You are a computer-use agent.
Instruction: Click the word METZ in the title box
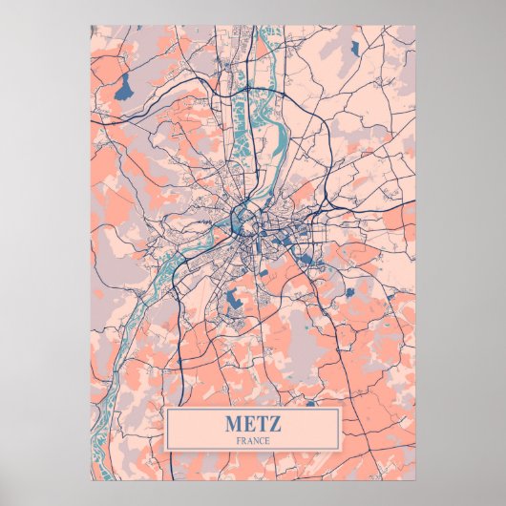(253, 423)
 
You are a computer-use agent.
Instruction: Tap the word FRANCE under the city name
(253, 440)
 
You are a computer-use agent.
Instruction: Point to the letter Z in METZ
(273, 423)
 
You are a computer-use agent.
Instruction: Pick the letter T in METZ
(261, 423)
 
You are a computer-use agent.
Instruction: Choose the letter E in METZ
(248, 423)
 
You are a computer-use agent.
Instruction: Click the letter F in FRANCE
(239, 440)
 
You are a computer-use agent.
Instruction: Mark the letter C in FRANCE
(262, 440)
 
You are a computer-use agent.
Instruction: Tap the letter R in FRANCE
(244, 440)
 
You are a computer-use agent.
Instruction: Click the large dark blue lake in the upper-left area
(124, 89)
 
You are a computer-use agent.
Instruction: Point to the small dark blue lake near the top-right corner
(353, 47)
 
